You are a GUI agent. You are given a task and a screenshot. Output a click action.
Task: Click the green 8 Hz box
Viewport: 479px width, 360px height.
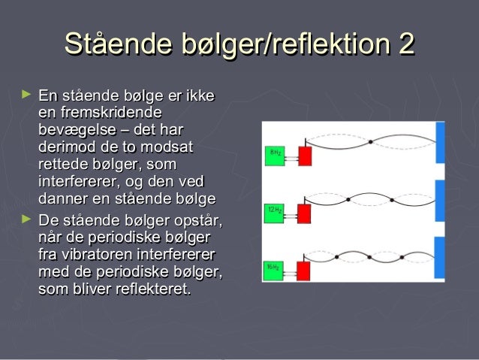click(276, 156)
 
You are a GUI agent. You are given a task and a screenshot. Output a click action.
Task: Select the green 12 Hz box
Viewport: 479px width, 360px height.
click(276, 210)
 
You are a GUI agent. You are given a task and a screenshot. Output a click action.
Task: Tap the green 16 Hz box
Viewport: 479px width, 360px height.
click(276, 267)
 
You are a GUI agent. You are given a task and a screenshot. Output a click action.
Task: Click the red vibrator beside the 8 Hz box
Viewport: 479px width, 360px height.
click(305, 156)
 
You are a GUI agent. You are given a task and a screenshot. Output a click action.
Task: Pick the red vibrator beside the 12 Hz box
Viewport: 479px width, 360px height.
click(305, 211)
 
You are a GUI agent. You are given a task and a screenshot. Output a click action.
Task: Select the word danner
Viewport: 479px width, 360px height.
click(63, 199)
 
